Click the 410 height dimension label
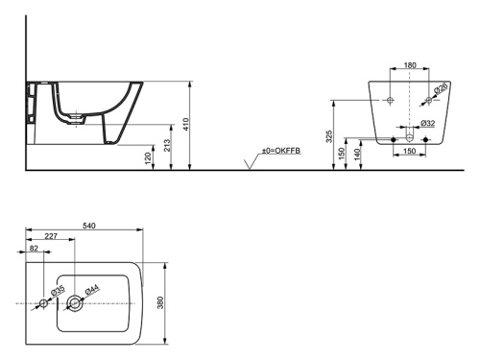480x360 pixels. tap(186, 125)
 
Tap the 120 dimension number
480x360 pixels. tap(148, 158)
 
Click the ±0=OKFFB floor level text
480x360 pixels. tap(281, 151)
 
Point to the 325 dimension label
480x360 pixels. tap(329, 136)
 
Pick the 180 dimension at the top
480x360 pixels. tap(410, 65)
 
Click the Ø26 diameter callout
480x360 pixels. tap(441, 87)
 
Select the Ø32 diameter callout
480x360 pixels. tap(428, 123)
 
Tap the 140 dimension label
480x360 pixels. tap(357, 154)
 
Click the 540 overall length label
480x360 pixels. tap(89, 226)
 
